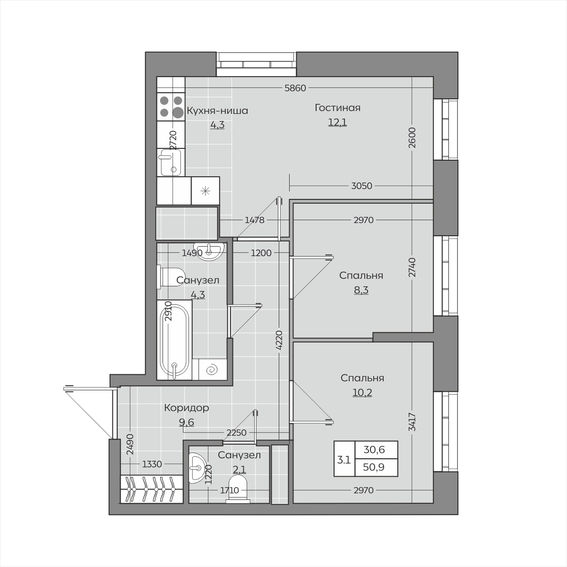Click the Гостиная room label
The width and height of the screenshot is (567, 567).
pos(337,108)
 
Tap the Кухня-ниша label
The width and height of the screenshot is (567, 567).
pos(217,111)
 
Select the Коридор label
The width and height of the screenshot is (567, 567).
pos(187,408)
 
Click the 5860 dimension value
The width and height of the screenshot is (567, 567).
pos(295,88)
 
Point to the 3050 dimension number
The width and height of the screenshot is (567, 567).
pos(361,186)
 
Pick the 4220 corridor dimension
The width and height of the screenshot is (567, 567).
pos(279,340)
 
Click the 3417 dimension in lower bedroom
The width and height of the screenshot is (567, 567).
pos(412,422)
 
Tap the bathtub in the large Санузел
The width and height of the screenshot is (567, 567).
pos(174,340)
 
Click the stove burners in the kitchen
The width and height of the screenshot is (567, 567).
pos(171,106)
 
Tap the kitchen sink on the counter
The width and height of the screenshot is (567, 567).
pos(171,162)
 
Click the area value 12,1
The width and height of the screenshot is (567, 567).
pos(337,122)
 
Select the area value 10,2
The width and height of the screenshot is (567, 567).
pos(362,393)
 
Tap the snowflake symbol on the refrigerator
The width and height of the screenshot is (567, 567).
pos(205,191)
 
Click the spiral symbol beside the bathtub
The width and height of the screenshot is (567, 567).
pos(213,370)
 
